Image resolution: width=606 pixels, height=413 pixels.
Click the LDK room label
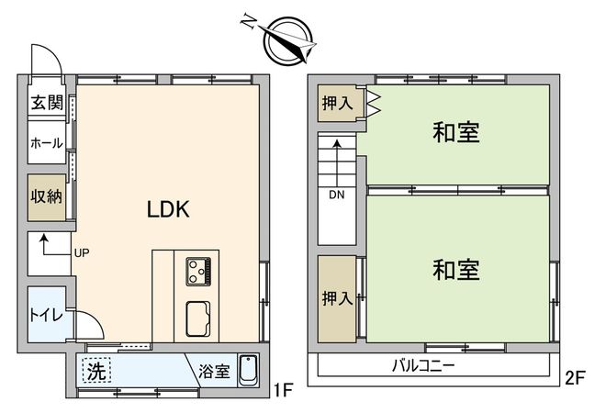coord(168,209)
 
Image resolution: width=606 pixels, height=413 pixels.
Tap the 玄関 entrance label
coord(45,103)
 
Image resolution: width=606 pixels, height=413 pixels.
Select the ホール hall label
coord(46,143)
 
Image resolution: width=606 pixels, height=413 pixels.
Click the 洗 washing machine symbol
coord(95,371)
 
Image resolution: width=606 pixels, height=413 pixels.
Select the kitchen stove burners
coord(199,270)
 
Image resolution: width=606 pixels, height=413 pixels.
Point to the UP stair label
coord(81,252)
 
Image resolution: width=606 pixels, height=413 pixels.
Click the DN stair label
coord(337,195)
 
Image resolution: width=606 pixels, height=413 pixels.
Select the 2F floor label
coord(576,376)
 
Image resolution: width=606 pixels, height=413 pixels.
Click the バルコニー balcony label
coord(424,365)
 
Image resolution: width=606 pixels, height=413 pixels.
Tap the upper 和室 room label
coord(456,132)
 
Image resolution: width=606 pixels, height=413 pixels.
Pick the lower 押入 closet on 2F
coord(337,297)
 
